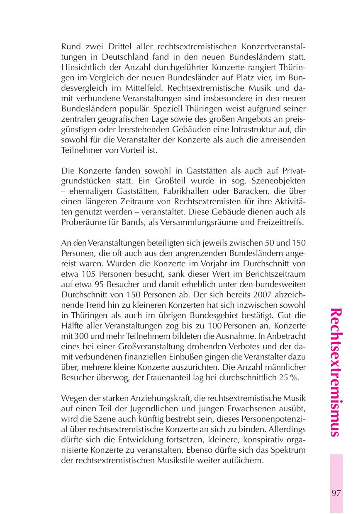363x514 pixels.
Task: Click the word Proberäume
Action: tap(82, 223)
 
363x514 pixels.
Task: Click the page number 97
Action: tap(336, 492)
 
